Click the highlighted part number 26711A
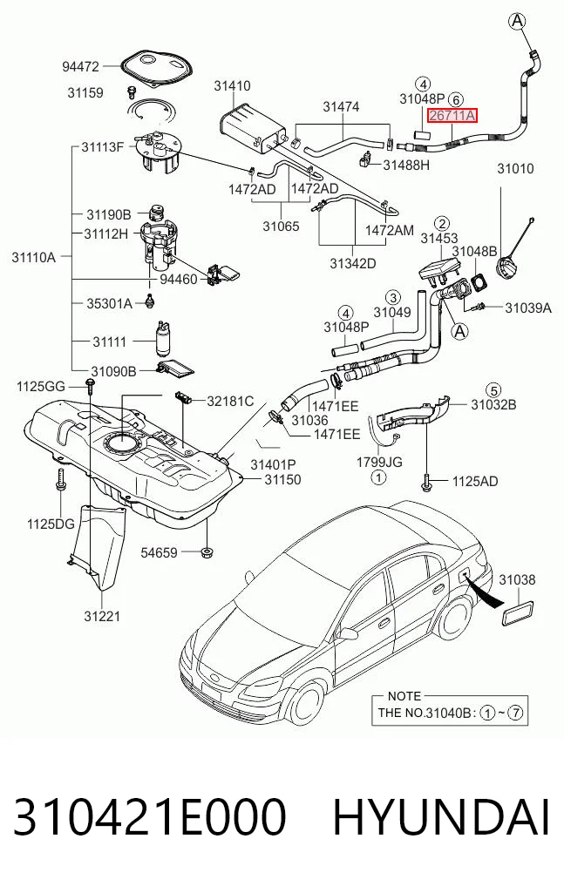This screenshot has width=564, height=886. pos(452,116)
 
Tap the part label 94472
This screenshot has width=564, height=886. pos(80,67)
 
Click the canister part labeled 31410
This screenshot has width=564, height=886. pos(250,131)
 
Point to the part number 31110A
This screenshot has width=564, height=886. pos(34,258)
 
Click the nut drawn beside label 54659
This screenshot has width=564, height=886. pos(207,551)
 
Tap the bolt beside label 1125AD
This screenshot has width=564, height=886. pos(426,482)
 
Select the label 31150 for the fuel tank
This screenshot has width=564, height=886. pos(282,480)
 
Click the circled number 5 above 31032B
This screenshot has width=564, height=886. pos(494,390)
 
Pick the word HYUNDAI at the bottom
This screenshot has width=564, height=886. pos(441,817)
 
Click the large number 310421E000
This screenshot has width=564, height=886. pos(149,817)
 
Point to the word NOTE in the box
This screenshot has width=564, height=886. pos(404,696)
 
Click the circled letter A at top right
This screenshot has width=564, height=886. pos(517,22)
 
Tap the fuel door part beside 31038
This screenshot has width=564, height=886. pos(518,613)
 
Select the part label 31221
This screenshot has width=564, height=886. pos(102,616)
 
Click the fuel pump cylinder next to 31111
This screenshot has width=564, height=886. pos(164,339)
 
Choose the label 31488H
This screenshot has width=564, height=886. pos(406,165)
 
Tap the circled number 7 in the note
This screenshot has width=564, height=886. pos(515,713)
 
